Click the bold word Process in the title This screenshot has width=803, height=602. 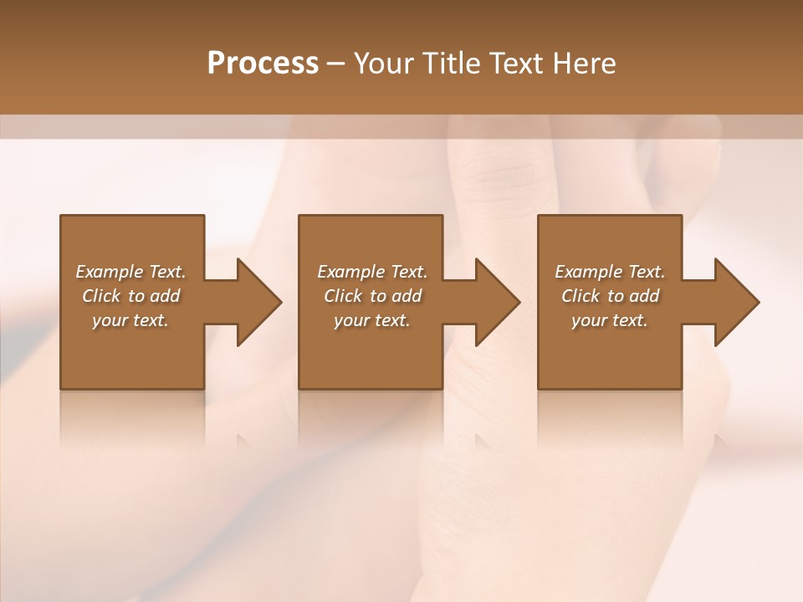pyautogui.click(x=263, y=64)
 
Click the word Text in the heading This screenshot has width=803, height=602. pyautogui.click(x=516, y=64)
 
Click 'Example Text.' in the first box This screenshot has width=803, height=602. pyautogui.click(x=130, y=272)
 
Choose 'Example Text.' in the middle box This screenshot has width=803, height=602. pyautogui.click(x=372, y=272)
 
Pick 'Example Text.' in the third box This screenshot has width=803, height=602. pyautogui.click(x=610, y=272)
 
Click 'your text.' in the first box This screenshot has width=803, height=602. pyautogui.click(x=130, y=320)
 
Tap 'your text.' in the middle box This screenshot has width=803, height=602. pyautogui.click(x=372, y=320)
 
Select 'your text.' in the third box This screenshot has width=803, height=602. pyautogui.click(x=610, y=320)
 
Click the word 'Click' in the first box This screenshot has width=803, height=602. pyautogui.click(x=101, y=296)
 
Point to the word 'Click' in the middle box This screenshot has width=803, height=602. pyautogui.click(x=343, y=296)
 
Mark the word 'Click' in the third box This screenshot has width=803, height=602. pyautogui.click(x=581, y=296)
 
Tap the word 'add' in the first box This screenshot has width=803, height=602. pyautogui.click(x=165, y=296)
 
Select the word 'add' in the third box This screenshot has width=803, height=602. pyautogui.click(x=644, y=296)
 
